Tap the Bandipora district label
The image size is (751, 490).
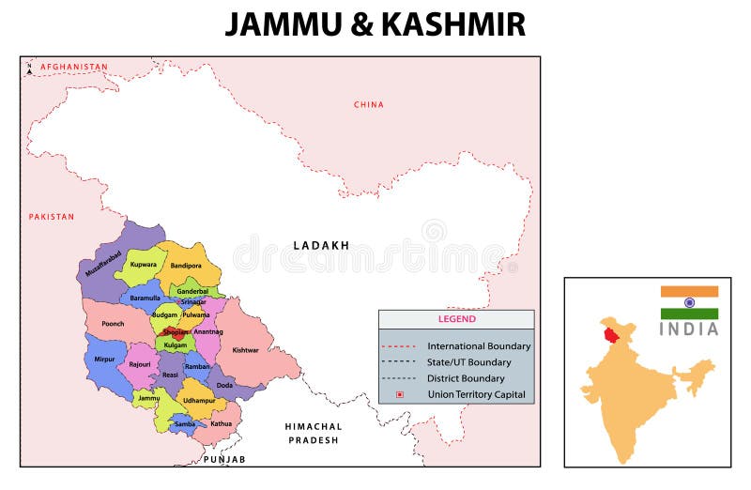click(x=187, y=267)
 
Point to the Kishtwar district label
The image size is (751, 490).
click(x=245, y=350)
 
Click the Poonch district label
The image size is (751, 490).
click(x=113, y=323)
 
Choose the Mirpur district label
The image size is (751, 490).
click(x=104, y=359)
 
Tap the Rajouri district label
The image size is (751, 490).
click(x=139, y=363)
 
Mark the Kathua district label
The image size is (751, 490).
click(x=221, y=423)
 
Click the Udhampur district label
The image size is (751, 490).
click(x=199, y=401)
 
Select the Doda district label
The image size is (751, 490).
click(x=224, y=385)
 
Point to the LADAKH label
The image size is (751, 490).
click(x=321, y=246)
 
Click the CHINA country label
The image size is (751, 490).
click(x=368, y=104)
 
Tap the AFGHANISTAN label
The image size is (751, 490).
click(x=73, y=67)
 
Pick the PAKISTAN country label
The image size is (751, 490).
click(x=51, y=217)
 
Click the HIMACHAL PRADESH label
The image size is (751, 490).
click(x=314, y=433)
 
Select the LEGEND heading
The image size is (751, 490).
click(x=456, y=319)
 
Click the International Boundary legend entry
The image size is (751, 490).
click(x=478, y=346)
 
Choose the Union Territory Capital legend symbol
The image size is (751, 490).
click(x=399, y=394)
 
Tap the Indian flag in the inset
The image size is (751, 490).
click(x=689, y=302)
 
